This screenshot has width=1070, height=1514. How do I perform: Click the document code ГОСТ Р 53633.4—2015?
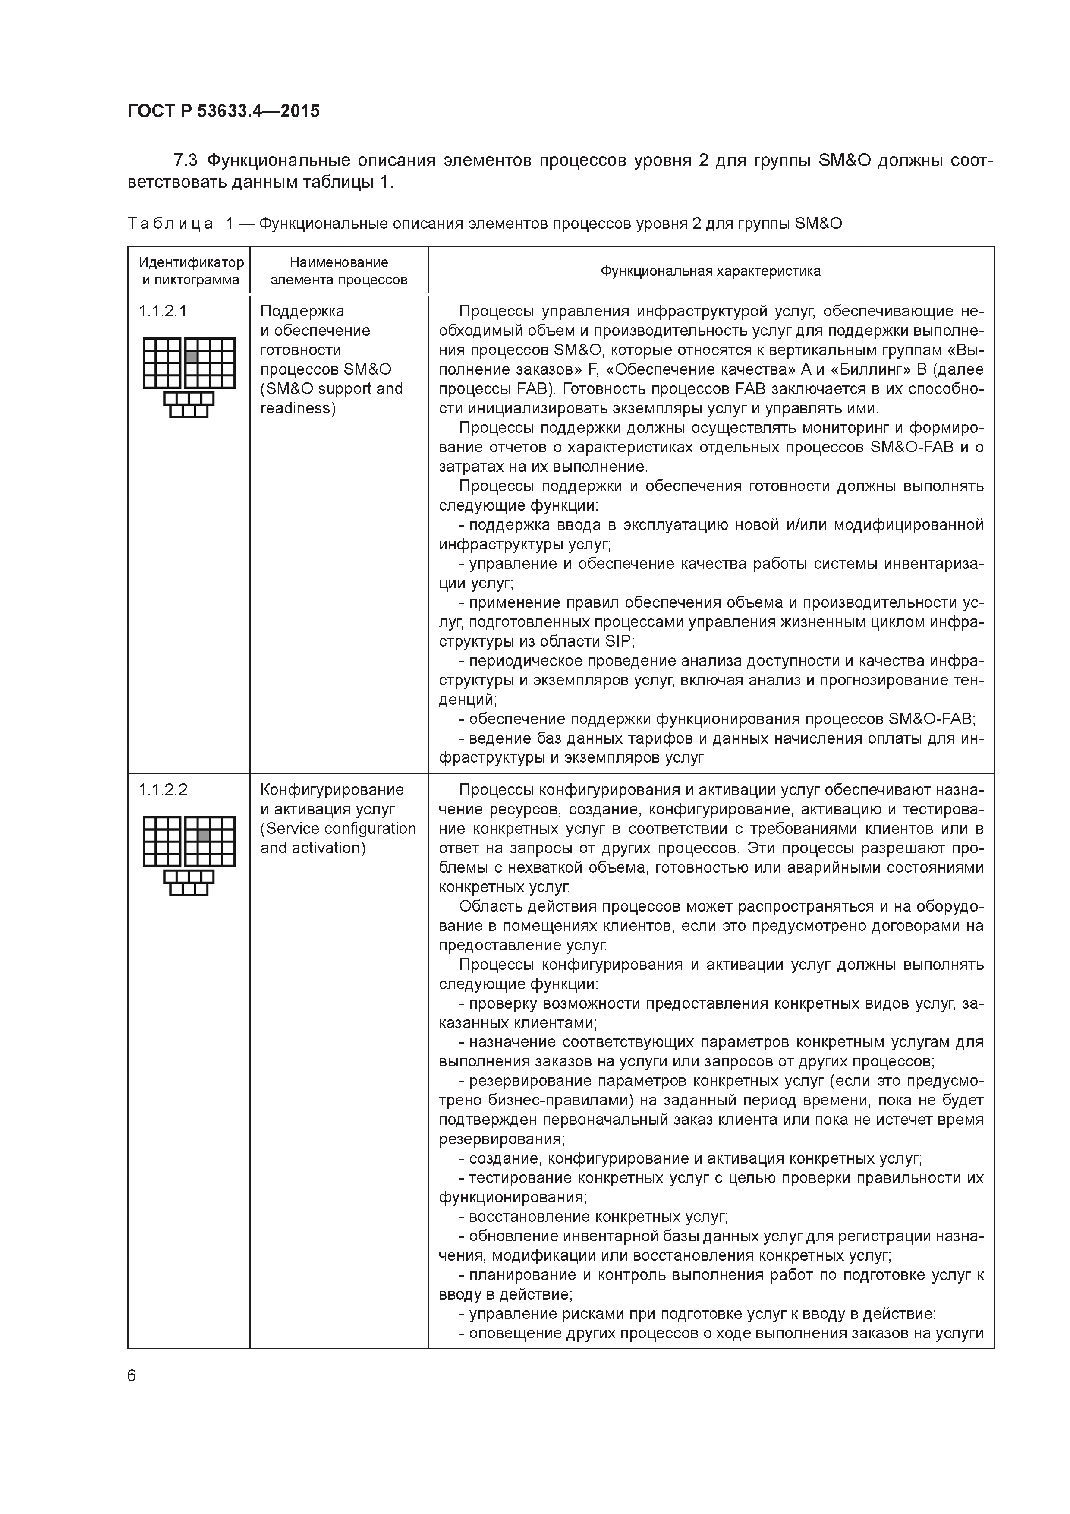[x=223, y=111]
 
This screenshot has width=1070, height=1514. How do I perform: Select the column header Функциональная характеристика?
[x=710, y=271]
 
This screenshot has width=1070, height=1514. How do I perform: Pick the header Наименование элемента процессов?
[x=339, y=271]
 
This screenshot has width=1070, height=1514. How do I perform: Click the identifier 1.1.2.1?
[x=163, y=311]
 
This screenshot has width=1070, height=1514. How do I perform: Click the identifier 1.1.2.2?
[x=163, y=790]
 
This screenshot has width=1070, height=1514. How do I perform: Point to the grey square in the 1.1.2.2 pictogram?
[x=204, y=836]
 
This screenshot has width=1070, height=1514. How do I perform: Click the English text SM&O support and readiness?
[x=331, y=398]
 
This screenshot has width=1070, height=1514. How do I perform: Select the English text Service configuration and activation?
[x=337, y=838]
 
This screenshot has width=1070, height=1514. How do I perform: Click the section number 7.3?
[x=185, y=161]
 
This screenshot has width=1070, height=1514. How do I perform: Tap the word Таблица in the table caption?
[x=170, y=224]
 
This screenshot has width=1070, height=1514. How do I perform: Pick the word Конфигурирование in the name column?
[x=332, y=790]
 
